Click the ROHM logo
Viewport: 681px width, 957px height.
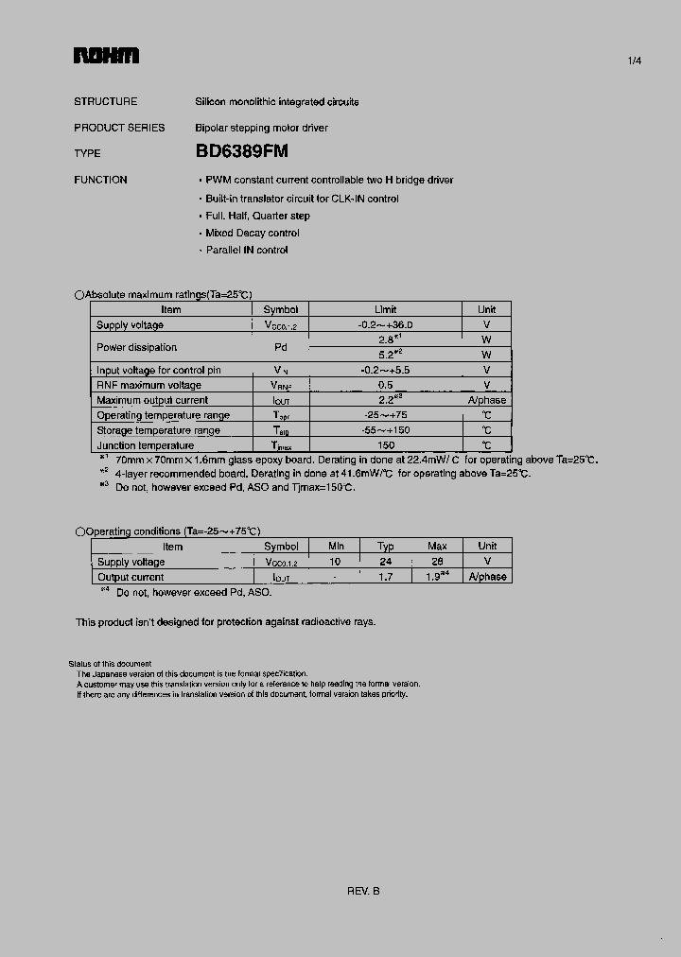[x=106, y=57]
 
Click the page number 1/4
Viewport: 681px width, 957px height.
[x=634, y=61]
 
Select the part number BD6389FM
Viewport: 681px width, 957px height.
[x=242, y=151]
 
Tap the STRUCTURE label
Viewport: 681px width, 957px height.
[x=105, y=101]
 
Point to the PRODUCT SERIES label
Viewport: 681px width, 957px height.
[x=119, y=128]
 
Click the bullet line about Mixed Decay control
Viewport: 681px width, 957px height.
[x=252, y=233]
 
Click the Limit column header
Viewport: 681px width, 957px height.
[x=386, y=309]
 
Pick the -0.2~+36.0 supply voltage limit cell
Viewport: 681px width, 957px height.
[x=386, y=324]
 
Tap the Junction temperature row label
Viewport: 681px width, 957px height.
[x=145, y=445]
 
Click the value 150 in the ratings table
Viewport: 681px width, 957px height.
[x=386, y=445]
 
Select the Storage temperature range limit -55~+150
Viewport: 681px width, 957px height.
[x=386, y=430]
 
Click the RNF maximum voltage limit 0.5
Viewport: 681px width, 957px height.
[x=386, y=385]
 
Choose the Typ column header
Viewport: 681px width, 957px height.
[x=386, y=547]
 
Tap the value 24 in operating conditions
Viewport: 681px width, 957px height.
[x=386, y=562]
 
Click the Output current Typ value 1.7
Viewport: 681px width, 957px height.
[x=386, y=577]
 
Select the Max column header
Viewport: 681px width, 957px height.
[x=437, y=547]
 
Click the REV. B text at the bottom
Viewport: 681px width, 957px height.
[x=363, y=891]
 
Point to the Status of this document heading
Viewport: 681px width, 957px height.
[x=110, y=664]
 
